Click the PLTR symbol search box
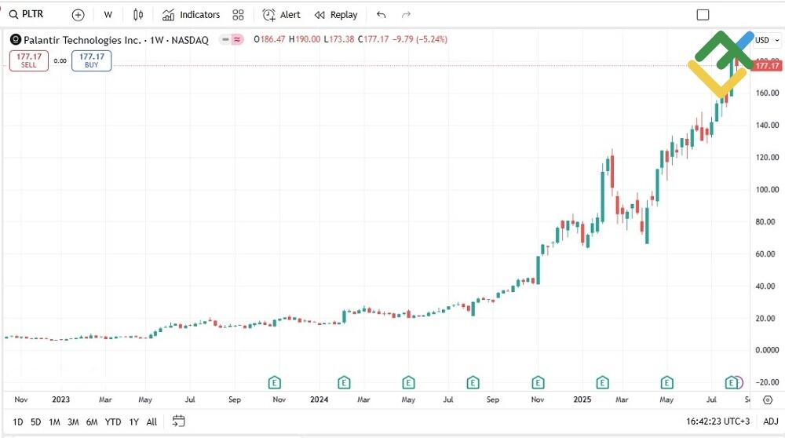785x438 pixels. coord(31,15)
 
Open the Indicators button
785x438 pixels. coord(192,15)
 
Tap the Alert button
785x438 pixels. coord(281,15)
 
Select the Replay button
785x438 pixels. coord(336,15)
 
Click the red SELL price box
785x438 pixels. coord(28,60)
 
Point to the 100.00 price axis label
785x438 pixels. coord(766,189)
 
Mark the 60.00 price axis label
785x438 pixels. coord(766,254)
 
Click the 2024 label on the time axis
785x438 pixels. coord(319,399)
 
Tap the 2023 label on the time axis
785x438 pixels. coord(60,399)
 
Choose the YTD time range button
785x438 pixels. coord(113,422)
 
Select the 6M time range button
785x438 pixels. coord(92,422)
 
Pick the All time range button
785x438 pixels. coord(152,422)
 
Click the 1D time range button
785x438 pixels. coord(17,422)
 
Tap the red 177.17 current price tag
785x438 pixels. coord(766,66)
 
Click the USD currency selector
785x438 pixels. coord(765,40)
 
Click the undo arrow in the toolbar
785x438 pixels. coord(382,15)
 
